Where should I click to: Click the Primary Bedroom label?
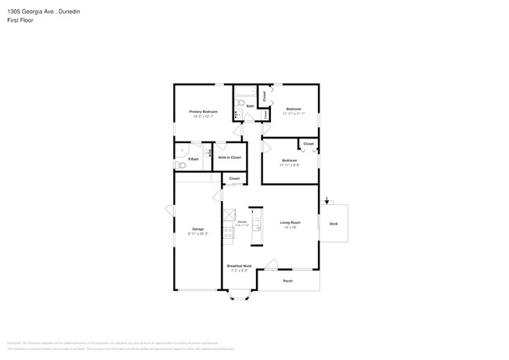tap(203, 112)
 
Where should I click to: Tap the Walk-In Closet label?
tap(229, 157)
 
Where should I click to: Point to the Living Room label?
tap(291, 223)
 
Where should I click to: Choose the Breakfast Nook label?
tap(239, 266)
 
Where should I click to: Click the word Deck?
tap(333, 224)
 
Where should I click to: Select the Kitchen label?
tap(242, 222)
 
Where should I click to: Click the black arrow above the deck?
tap(327, 201)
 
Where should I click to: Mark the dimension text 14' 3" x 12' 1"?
tap(203, 117)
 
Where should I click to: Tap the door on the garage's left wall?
tap(168, 211)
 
